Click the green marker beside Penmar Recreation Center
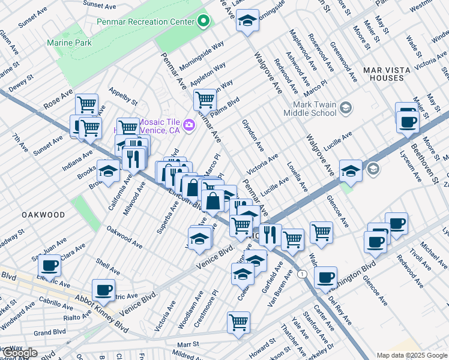click(203, 22)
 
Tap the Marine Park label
click(70, 43)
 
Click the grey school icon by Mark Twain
click(345, 108)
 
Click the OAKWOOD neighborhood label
click(43, 214)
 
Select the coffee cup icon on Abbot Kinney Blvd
click(103, 290)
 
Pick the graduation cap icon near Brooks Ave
click(108, 172)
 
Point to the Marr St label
click(187, 344)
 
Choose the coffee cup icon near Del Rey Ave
click(325, 277)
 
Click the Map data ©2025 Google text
click(411, 355)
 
